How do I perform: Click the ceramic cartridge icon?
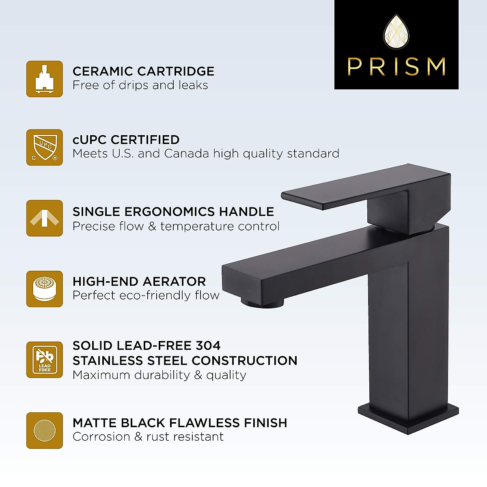[45, 79]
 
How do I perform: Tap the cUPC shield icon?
[45, 147]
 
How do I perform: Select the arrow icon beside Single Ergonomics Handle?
[45, 218]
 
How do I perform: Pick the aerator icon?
[45, 289]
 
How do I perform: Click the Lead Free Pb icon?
[45, 360]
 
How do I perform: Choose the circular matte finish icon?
[45, 430]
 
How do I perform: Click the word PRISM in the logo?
[396, 67]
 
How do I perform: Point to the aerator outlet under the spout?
[262, 302]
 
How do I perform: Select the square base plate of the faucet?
[408, 418]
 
